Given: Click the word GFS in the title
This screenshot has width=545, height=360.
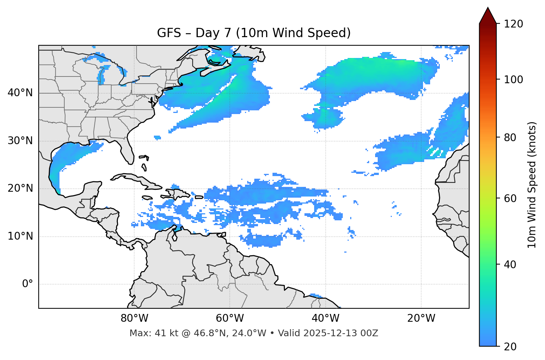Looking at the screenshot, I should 169,33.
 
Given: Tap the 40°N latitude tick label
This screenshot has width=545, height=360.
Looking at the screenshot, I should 20,93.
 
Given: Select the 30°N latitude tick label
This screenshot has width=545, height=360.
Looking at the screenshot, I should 20,141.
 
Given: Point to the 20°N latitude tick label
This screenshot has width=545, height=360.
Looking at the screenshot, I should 20,188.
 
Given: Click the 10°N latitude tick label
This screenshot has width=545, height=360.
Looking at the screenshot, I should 20,236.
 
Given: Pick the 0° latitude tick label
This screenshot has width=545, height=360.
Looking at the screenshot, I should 28,284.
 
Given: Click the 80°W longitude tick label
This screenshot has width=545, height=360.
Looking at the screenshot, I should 134,318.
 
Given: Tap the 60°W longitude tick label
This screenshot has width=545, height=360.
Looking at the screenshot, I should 230,318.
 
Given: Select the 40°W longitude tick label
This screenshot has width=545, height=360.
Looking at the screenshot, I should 325,318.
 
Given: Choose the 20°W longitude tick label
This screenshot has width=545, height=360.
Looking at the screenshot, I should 421,318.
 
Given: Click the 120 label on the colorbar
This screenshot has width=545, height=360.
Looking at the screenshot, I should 513,24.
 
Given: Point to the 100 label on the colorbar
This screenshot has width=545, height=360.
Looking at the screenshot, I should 513,80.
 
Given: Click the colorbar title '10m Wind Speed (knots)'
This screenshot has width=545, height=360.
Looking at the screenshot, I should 532,185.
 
